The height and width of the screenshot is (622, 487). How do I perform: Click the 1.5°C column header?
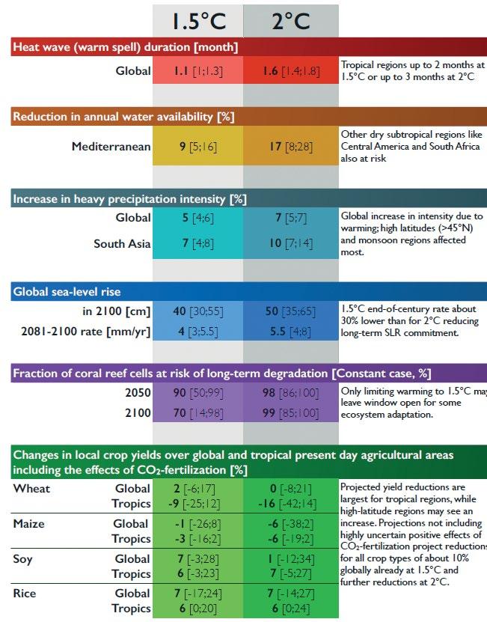(x=197, y=19)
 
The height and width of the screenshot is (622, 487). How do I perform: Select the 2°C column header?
(x=290, y=19)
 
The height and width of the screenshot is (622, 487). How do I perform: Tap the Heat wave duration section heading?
(x=126, y=47)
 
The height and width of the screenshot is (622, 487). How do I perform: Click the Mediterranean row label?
(x=111, y=147)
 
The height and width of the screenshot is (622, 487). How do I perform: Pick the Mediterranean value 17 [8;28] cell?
(x=290, y=147)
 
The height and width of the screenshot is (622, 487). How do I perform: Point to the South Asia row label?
(x=122, y=243)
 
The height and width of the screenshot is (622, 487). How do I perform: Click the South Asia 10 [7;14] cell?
(x=290, y=243)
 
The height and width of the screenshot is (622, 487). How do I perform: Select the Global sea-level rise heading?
(x=67, y=291)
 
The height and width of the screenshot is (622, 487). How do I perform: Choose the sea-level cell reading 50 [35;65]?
(x=290, y=311)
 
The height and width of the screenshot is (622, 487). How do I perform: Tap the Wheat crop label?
(x=31, y=489)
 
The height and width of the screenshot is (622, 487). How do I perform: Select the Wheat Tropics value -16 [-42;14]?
(x=290, y=504)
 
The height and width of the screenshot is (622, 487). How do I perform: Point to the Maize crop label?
(x=30, y=524)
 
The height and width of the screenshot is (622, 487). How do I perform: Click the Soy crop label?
(x=24, y=558)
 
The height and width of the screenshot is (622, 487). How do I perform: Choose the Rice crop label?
(x=25, y=594)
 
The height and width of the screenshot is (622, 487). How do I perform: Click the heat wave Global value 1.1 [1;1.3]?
(x=197, y=71)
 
